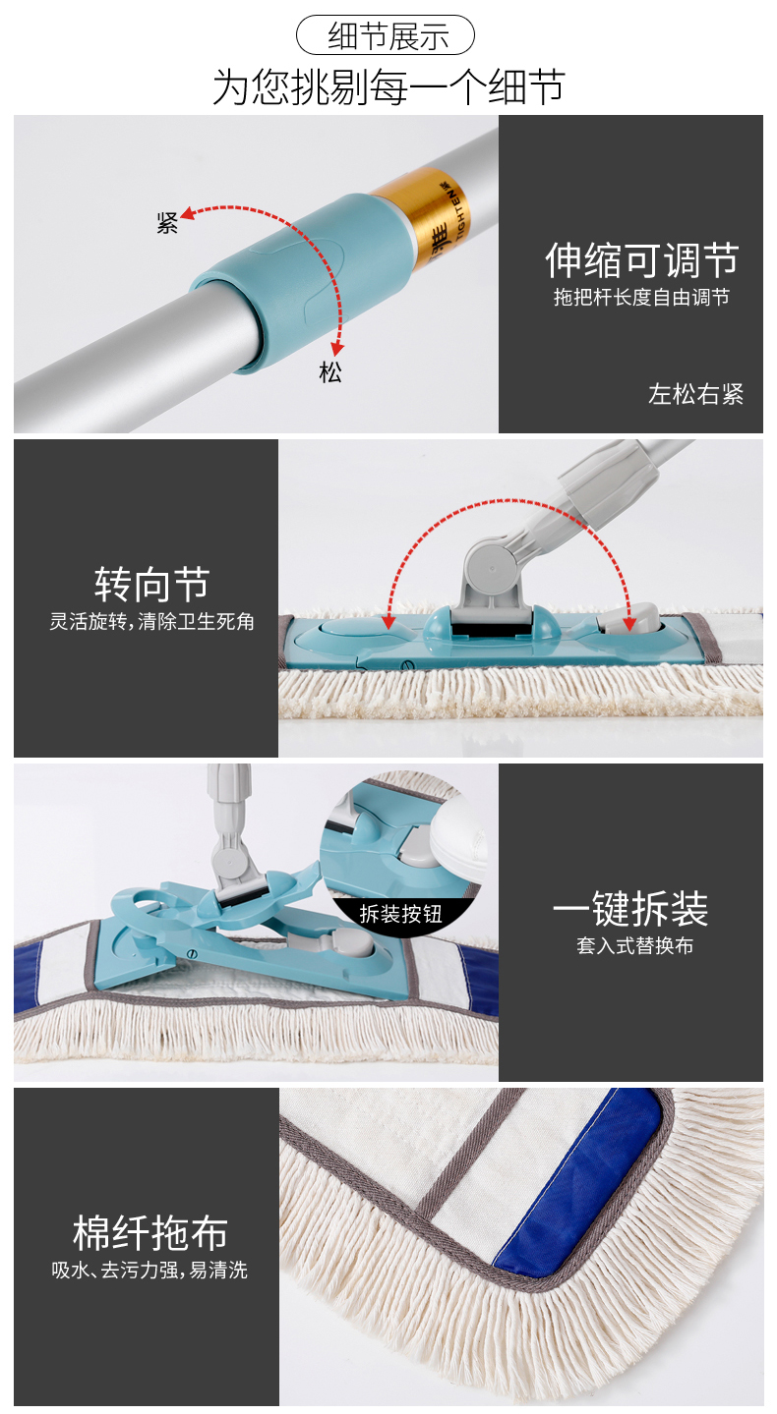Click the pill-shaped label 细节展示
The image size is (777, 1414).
[386, 35]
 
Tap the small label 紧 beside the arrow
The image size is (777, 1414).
[167, 223]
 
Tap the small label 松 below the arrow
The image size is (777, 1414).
[330, 372]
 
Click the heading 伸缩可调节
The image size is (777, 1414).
[641, 259]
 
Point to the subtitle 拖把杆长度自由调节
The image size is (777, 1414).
[642, 298]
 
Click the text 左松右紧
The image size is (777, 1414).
[695, 394]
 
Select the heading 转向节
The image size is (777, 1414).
[151, 584]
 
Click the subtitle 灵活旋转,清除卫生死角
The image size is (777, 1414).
[151, 622]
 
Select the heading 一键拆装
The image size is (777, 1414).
[630, 908]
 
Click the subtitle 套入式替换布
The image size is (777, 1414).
[634, 945]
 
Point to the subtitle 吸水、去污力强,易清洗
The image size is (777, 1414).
[149, 1270]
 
